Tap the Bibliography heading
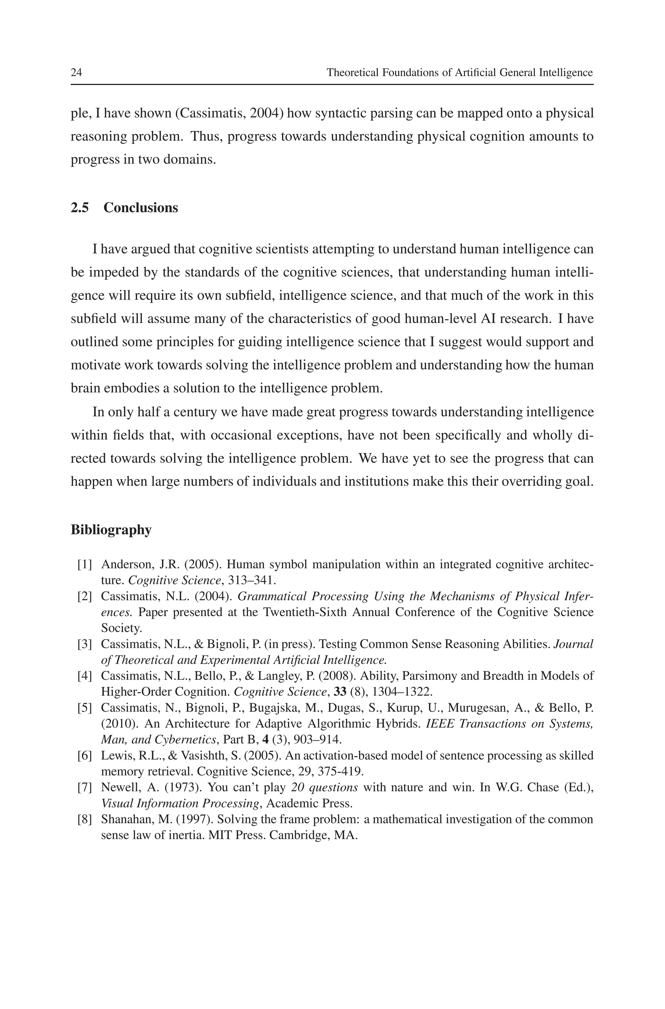[x=111, y=530]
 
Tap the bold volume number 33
[x=340, y=692]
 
